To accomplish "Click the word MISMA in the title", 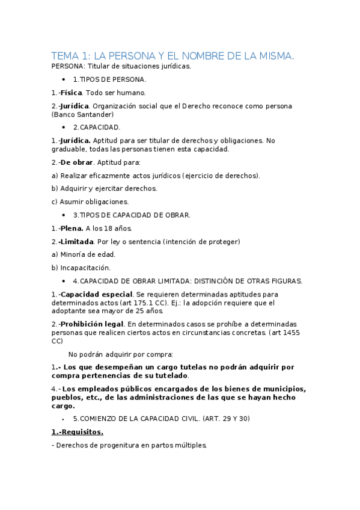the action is [274, 56].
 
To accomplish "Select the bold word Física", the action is [71, 93].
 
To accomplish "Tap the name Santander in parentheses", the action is [94, 114].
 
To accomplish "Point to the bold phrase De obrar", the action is [76, 162].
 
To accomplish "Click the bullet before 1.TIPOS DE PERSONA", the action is [64, 79].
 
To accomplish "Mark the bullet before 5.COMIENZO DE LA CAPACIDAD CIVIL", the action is [64, 419].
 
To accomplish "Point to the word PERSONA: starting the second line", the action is [69, 66].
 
